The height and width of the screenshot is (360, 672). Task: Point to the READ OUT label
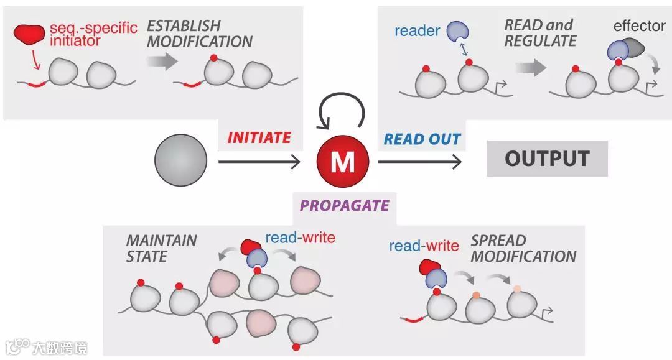(x=422, y=139)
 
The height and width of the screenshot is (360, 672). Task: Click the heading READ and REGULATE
(x=540, y=33)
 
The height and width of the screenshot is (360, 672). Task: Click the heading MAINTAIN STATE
(x=161, y=247)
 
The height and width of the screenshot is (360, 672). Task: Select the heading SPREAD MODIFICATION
(x=523, y=248)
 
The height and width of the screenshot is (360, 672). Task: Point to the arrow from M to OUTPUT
(x=420, y=162)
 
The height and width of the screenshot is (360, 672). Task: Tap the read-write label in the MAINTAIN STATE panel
(x=300, y=237)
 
